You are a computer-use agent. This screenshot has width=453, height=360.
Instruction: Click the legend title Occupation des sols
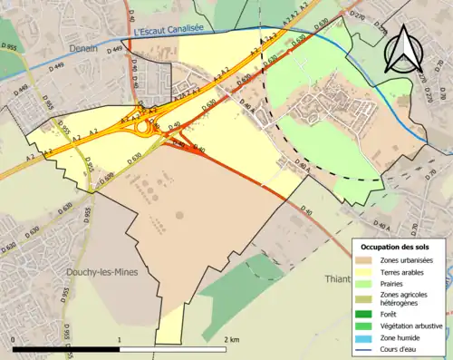(396, 246)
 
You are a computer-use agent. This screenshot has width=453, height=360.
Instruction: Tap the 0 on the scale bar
(14, 339)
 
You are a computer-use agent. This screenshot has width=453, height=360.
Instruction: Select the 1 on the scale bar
(120, 339)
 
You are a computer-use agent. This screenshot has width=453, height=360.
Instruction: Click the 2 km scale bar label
(231, 339)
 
